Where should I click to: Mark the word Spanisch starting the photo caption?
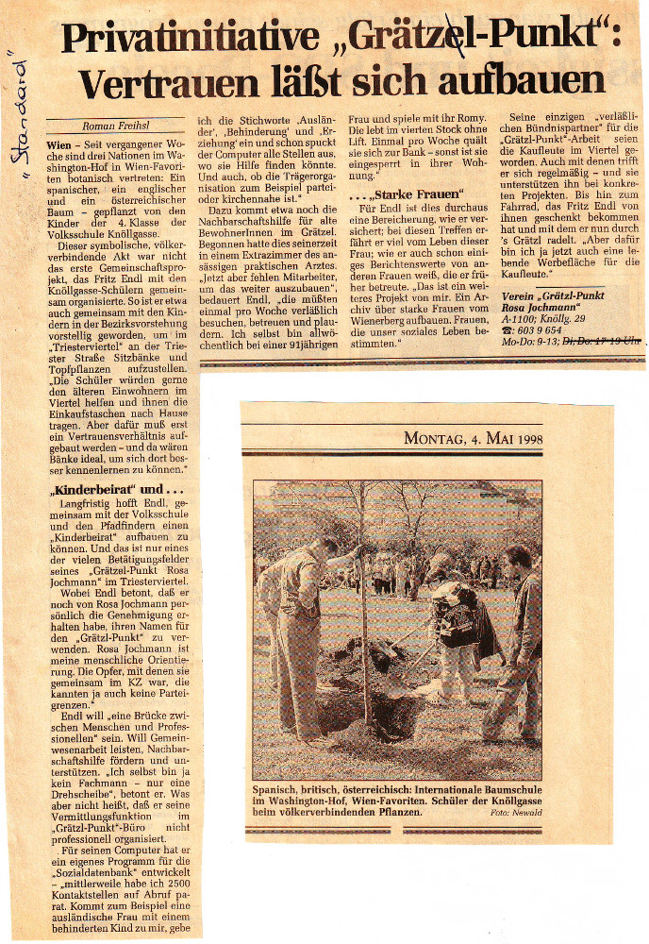[279, 787]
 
